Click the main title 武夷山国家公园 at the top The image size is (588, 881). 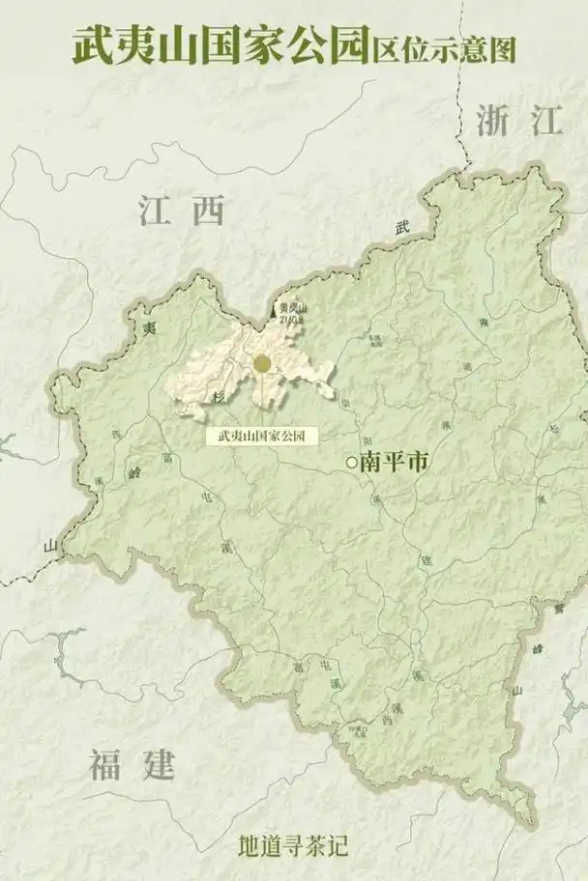(x=220, y=45)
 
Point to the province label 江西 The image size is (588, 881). (x=181, y=210)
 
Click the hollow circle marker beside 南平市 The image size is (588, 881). (x=351, y=464)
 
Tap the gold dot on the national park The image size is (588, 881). (x=262, y=364)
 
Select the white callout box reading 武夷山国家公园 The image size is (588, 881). (x=262, y=436)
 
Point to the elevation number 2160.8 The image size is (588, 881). (x=291, y=316)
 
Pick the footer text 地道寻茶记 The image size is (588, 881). (x=293, y=846)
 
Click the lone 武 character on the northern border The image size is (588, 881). (x=402, y=228)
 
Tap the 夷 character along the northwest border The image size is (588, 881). (x=148, y=328)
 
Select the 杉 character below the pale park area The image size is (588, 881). (x=219, y=398)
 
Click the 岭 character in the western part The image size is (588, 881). (x=134, y=472)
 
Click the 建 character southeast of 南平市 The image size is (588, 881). (x=426, y=559)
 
